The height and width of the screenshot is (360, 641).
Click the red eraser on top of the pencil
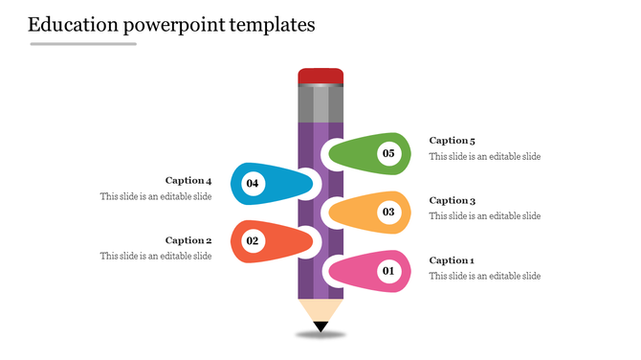(320, 77)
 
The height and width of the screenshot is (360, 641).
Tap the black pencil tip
(320, 327)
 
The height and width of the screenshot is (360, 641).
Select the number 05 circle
(387, 153)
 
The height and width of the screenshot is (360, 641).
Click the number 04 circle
(253, 183)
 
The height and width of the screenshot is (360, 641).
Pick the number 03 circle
(387, 213)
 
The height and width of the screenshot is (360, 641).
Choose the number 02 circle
(253, 241)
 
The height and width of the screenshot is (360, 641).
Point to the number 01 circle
(387, 272)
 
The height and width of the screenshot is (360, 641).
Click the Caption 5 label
(452, 141)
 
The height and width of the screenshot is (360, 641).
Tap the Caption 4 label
(188, 180)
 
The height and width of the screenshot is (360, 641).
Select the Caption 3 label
(452, 200)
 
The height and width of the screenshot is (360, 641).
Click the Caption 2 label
(188, 240)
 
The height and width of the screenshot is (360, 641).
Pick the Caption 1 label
(452, 260)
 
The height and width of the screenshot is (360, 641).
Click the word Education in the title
(75, 25)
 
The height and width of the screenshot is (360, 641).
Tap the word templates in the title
(272, 25)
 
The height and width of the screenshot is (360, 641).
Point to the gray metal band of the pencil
(320, 103)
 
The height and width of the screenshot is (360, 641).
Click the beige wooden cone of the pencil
(320, 308)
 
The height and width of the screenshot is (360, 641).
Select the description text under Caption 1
(484, 276)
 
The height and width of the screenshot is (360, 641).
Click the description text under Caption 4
(156, 196)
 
